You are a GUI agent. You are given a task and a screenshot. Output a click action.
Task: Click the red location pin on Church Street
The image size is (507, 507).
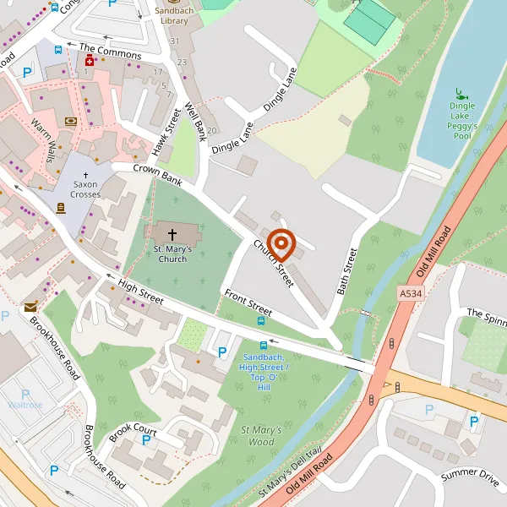pos(281,246)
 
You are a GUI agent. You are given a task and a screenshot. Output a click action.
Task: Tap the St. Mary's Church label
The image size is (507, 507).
pos(172,253)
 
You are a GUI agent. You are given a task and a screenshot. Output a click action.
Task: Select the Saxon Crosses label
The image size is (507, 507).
pos(85,189)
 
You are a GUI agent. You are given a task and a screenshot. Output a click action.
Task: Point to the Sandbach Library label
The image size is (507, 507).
pos(173,14)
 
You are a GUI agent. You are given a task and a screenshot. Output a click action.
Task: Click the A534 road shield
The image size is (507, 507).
pos(408,292)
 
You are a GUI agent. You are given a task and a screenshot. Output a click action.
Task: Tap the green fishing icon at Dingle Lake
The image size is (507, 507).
pos(461,93)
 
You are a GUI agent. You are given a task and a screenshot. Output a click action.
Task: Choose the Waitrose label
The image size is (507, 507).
pos(25,405)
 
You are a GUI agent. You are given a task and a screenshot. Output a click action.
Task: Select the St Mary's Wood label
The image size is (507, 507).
pos(259,435)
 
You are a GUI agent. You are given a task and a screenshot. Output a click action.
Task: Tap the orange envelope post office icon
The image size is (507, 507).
pos(30,308)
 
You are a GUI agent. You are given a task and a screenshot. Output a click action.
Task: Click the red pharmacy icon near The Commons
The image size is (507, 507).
pos(88,61)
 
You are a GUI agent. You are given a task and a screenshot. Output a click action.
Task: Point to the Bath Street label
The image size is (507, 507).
pos(347,271)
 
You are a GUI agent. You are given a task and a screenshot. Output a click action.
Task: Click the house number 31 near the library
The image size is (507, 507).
pos(176,41)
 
